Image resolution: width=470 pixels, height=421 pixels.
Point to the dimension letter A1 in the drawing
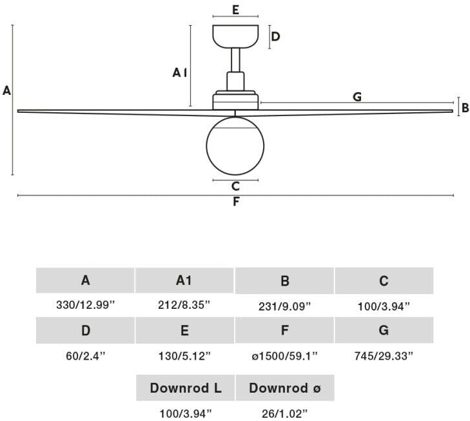click(x=180, y=73)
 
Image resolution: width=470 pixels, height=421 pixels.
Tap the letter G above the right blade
click(x=357, y=97)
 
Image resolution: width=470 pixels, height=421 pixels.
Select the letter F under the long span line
click(x=236, y=202)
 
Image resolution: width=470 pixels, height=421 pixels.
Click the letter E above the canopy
click(x=235, y=10)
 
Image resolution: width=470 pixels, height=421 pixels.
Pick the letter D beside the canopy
click(x=275, y=36)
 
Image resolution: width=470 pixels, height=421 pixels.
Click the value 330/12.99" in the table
click(x=85, y=305)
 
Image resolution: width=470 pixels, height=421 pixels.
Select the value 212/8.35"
click(x=184, y=305)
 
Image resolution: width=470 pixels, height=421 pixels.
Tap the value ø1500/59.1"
click(x=284, y=355)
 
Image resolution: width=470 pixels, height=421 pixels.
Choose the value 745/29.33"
click(x=384, y=355)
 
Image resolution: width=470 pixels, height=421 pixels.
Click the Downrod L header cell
click(x=185, y=388)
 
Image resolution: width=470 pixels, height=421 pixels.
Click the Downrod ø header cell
click(x=284, y=388)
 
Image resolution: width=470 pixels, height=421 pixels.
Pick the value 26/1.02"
click(x=284, y=413)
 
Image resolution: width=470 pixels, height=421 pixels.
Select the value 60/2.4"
click(x=85, y=355)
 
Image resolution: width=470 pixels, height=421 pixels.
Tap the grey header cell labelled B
click(x=284, y=280)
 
